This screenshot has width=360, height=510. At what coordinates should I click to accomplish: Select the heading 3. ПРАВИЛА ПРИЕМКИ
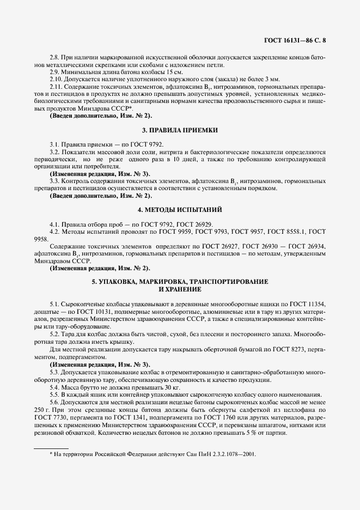[x=180, y=130]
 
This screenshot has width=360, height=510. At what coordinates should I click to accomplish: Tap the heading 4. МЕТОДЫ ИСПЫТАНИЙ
[x=180, y=209]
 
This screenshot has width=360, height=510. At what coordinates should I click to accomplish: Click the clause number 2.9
[x=55, y=72]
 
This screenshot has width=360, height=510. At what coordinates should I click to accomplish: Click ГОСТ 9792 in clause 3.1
[x=132, y=144]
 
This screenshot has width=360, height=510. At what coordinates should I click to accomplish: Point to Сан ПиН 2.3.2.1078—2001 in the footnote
[x=218, y=453]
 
